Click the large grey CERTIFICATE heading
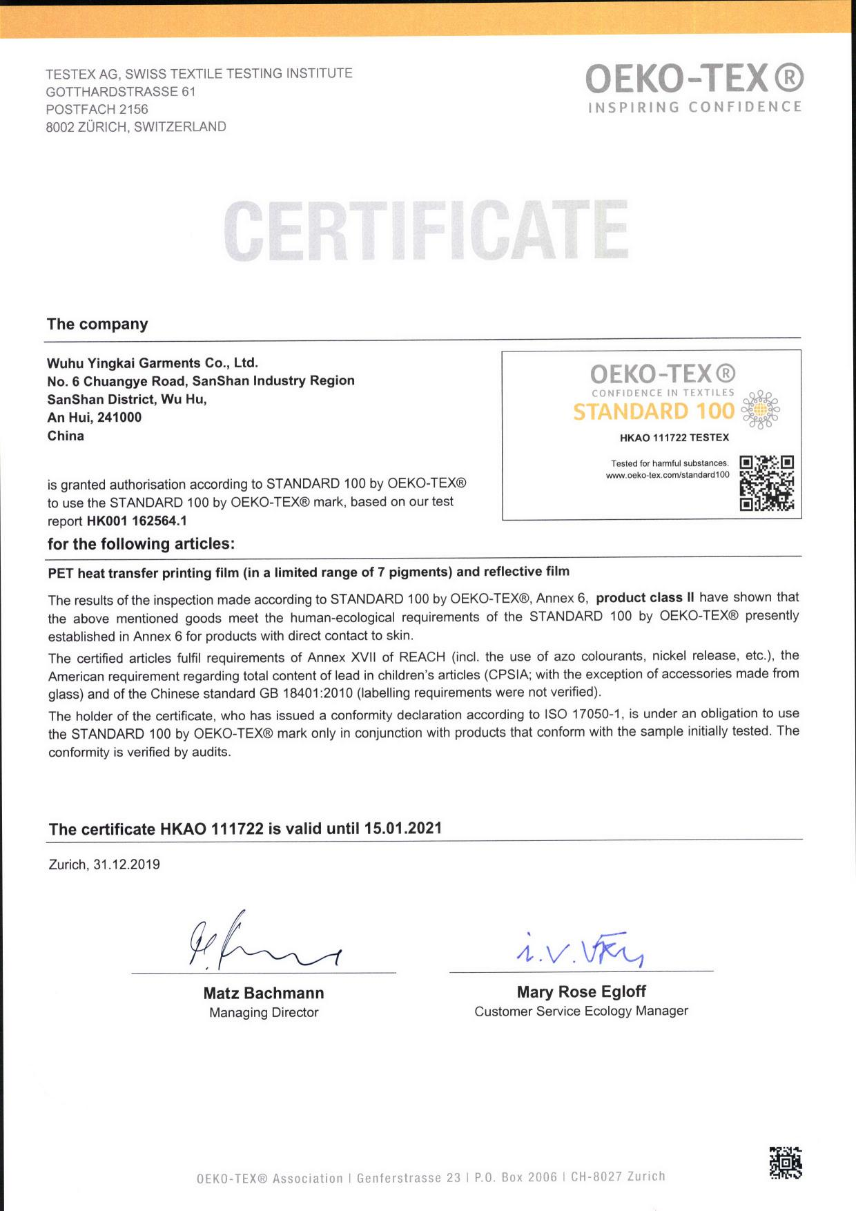coord(427,231)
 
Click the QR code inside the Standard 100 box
coord(766,483)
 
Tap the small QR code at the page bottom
coord(786,1163)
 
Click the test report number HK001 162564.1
coord(137,521)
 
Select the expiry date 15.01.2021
coord(403,828)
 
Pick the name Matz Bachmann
coord(264,993)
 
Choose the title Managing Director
coord(264,1012)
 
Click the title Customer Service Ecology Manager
coord(581,1011)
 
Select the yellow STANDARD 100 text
coord(653,411)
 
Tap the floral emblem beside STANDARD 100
coord(760,410)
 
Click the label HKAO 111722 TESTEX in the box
coord(674,437)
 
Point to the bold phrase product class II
coord(645,597)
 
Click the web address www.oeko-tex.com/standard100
coord(668,475)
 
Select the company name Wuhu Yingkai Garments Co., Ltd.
coord(153,362)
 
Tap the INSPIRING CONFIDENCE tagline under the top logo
coord(694,107)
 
